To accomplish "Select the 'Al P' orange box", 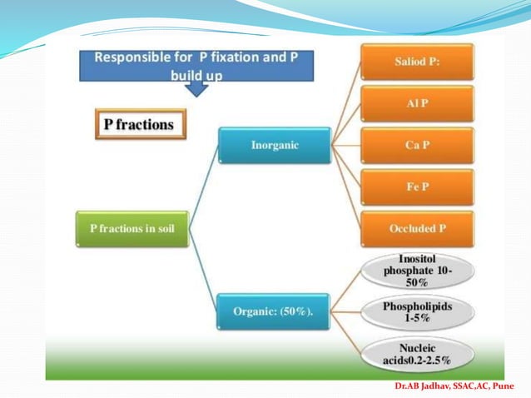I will coord(417,104).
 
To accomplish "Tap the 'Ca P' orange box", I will coord(417,145).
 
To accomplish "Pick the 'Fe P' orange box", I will coord(417,187).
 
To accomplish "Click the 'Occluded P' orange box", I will coord(417,228).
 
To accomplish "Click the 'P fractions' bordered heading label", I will coord(139,125).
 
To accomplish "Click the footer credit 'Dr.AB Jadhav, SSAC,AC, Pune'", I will coord(460,388).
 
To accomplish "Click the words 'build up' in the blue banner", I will coord(196,74).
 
